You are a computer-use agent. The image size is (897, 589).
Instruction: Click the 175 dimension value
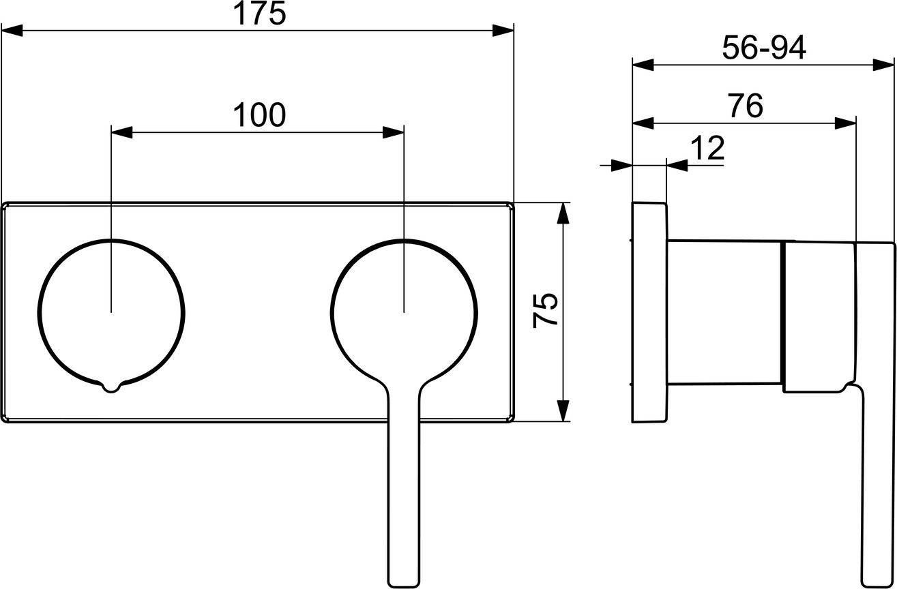pyautogui.click(x=259, y=14)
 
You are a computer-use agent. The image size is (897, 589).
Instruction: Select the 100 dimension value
pyautogui.click(x=259, y=115)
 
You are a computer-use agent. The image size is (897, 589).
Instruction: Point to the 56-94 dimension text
pyautogui.click(x=764, y=48)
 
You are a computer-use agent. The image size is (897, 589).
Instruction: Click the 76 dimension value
pyautogui.click(x=746, y=106)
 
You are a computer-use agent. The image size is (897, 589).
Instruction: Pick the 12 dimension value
pyautogui.click(x=707, y=148)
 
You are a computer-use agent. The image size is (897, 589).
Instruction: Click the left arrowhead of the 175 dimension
pyautogui.click(x=12, y=31)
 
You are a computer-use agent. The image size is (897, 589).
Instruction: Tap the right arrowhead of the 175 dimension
pyautogui.click(x=503, y=31)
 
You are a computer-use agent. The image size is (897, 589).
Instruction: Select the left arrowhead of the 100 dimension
pyautogui.click(x=121, y=132)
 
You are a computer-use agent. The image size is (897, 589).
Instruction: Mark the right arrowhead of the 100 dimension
pyautogui.click(x=393, y=132)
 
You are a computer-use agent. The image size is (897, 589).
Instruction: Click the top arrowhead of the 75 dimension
pyautogui.click(x=563, y=213)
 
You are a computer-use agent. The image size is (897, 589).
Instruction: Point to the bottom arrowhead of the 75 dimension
pyautogui.click(x=563, y=410)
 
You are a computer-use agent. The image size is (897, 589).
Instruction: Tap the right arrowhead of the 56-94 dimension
pyautogui.click(x=883, y=65)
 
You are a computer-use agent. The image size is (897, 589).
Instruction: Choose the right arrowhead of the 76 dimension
pyautogui.click(x=845, y=123)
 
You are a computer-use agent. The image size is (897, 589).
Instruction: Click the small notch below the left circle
pyautogui.click(x=111, y=387)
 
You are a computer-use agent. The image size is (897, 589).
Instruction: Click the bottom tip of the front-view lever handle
pyautogui.click(x=404, y=587)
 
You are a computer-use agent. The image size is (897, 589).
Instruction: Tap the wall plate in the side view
pyautogui.click(x=649, y=312)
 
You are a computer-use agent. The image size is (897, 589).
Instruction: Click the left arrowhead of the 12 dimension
pyautogui.click(x=621, y=165)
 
